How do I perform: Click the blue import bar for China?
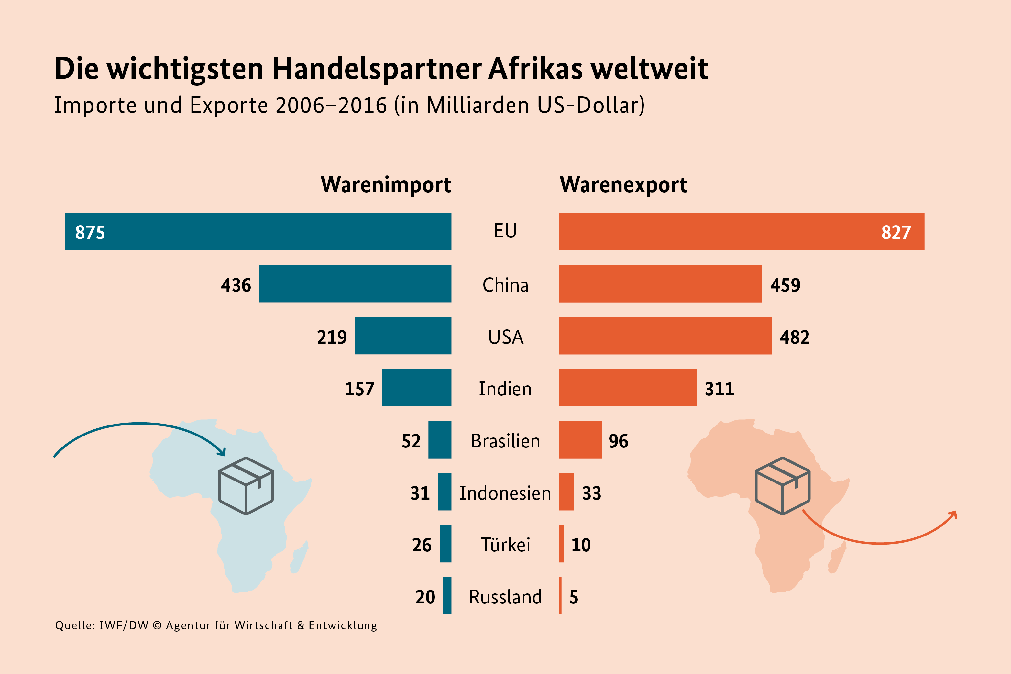(x=355, y=284)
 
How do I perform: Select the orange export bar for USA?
(x=665, y=336)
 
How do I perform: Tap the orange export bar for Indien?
(x=627, y=388)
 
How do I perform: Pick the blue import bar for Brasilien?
(x=440, y=440)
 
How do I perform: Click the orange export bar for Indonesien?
(x=566, y=492)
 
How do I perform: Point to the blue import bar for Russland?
(x=447, y=596)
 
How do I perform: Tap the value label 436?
(x=236, y=285)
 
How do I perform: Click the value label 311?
(x=719, y=389)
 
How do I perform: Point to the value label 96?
(x=618, y=441)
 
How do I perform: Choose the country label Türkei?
(x=505, y=545)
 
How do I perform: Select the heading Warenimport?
(x=386, y=185)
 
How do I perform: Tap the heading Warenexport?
(x=623, y=185)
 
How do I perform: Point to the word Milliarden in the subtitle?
(x=478, y=105)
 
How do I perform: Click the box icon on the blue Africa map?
(x=246, y=486)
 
